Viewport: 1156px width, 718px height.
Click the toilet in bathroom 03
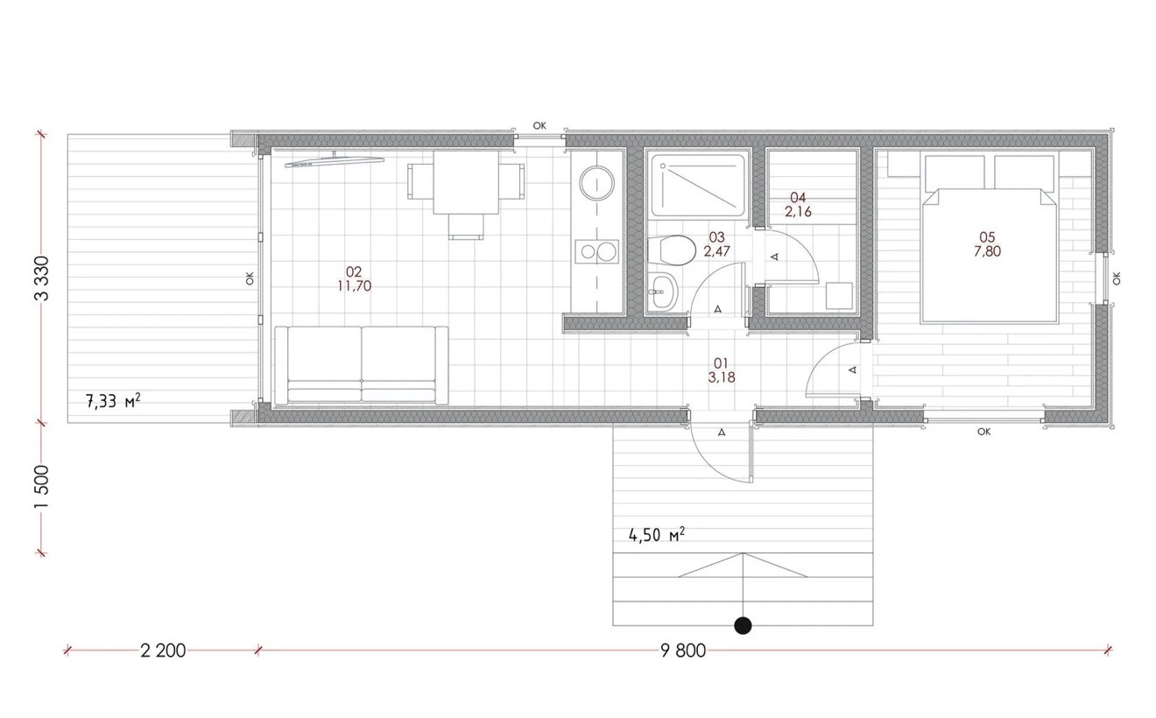click(671, 250)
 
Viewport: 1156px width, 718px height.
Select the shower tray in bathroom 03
click(698, 185)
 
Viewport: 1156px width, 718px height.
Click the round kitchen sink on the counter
click(597, 183)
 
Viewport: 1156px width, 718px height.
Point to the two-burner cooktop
click(597, 251)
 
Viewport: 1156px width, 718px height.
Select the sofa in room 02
click(361, 364)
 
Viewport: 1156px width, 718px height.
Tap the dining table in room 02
click(466, 182)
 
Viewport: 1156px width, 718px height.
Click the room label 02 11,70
click(355, 278)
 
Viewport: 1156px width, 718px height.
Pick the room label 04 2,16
click(798, 204)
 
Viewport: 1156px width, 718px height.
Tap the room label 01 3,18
click(722, 370)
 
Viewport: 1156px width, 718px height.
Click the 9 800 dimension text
click(683, 651)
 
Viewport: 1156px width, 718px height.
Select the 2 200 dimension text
click(163, 651)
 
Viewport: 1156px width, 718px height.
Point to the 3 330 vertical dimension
click(42, 278)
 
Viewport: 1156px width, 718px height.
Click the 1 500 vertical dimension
click(42, 487)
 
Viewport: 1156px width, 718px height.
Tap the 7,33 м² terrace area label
click(113, 401)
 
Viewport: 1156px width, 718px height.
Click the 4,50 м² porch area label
click(657, 534)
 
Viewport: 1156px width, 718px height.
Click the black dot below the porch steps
click(743, 625)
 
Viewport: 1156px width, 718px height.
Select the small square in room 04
click(839, 295)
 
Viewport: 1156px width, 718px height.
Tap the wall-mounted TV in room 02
click(335, 161)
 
